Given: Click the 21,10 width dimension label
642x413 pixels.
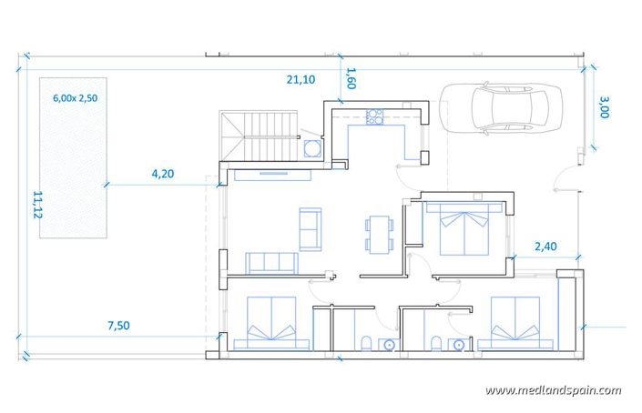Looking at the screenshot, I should click(301, 80).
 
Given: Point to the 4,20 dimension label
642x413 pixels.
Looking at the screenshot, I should click(162, 173).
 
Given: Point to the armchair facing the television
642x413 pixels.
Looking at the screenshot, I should click(310, 227).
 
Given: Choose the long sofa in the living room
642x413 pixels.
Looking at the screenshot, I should click(271, 263).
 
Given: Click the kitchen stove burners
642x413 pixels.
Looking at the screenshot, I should click(373, 116).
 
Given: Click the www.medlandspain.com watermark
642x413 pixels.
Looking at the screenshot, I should click(554, 390).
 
